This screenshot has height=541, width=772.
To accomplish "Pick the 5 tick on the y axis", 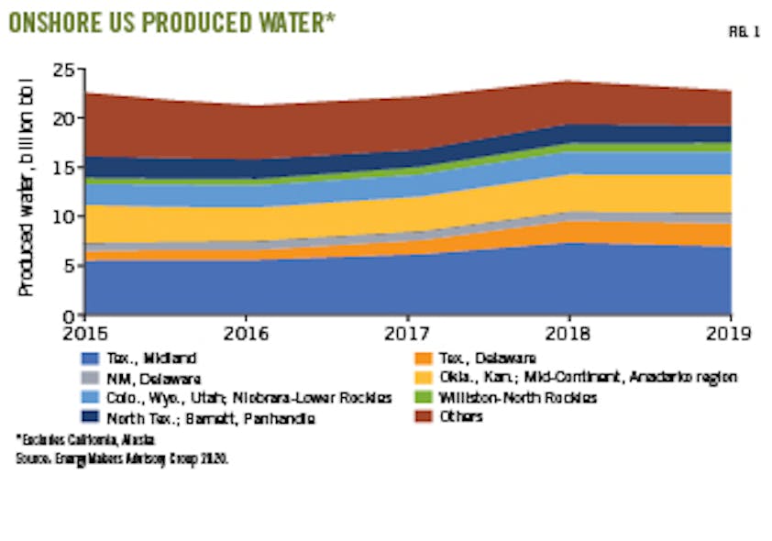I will click(x=66, y=266).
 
